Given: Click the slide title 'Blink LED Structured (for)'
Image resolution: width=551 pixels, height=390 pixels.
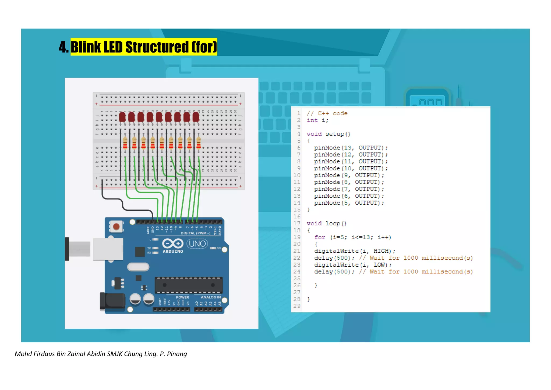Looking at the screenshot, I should [144, 47].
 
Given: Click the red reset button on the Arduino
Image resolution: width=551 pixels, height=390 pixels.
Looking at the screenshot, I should [116, 227].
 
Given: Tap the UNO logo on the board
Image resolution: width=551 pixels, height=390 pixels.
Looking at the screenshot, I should [197, 244].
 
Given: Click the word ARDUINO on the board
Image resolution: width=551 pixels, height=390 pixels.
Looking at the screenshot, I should [173, 251].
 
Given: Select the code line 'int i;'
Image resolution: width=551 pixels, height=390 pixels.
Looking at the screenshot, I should [317, 120].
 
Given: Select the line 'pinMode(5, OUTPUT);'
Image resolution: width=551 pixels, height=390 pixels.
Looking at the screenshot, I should [349, 203].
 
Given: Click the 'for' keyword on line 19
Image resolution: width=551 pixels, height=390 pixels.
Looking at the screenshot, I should [320, 237].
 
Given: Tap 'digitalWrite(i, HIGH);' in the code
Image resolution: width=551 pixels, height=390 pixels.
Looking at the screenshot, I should [354, 251].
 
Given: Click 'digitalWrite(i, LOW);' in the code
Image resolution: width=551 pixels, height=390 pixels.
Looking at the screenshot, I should [352, 265].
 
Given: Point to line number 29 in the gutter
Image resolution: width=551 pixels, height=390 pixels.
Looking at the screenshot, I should [297, 306].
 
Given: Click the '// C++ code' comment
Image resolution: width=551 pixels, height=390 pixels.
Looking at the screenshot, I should [327, 113].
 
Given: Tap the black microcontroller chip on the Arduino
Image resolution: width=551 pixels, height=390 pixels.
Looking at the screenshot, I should [188, 285].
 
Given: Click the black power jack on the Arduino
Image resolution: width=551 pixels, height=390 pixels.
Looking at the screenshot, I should [112, 301].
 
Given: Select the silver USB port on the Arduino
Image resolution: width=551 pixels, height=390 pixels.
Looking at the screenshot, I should [108, 249].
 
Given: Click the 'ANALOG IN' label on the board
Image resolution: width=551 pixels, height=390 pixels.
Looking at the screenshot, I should [211, 297].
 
